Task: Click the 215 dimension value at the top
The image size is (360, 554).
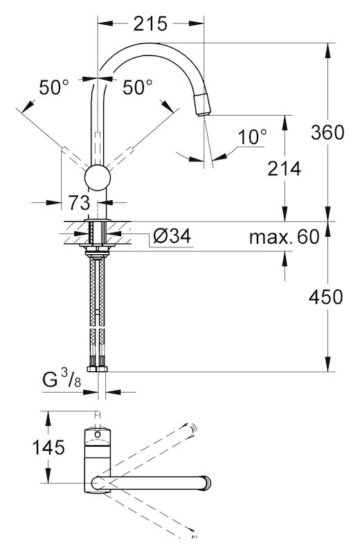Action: pyautogui.click(x=150, y=24)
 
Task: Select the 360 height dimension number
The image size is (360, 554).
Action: pyautogui.click(x=327, y=132)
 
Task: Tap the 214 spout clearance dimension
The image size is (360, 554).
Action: pyautogui.click(x=284, y=168)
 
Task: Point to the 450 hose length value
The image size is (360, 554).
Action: pyautogui.click(x=326, y=297)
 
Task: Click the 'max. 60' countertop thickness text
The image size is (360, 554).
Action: pyautogui.click(x=284, y=237)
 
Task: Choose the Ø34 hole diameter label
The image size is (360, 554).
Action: pyautogui.click(x=172, y=235)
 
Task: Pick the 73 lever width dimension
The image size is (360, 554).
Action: pyautogui.click(x=79, y=203)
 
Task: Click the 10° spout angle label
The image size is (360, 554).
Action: pyautogui.click(x=252, y=136)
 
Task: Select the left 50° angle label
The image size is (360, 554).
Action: pyautogui.click(x=54, y=87)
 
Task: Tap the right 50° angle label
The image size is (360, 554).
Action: pyautogui.click(x=138, y=87)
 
